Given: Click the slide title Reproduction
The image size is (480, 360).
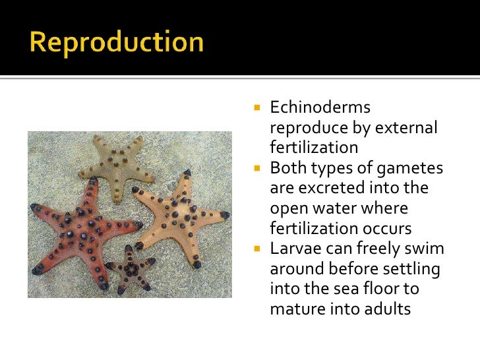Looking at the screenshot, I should [116, 42].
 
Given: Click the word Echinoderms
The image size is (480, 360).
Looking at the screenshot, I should [320, 107].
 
